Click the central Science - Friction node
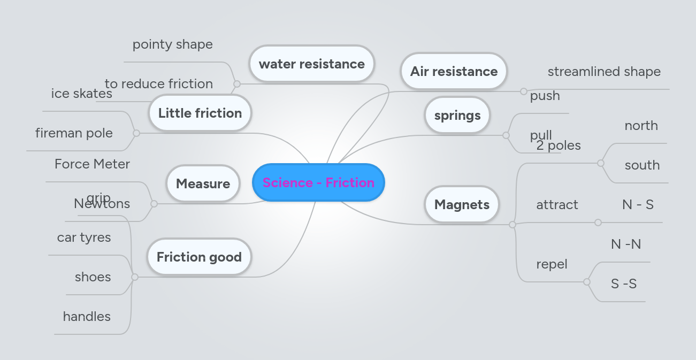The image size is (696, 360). point(318,182)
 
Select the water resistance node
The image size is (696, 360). point(311,64)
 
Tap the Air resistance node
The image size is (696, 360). point(454,72)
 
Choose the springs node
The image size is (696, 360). point(457,116)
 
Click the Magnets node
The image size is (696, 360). point(462,204)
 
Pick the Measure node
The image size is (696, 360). point(203,184)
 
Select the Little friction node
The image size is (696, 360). point(200,113)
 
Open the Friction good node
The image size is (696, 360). point(199,257)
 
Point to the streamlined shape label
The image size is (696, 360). point(604,72)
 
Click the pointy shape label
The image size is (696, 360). point(172,44)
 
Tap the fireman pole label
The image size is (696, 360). point(74,133)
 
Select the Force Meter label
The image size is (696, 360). point(92,164)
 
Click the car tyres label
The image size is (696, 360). point(84,238)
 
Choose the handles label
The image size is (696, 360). point(87,317)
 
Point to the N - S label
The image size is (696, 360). point(638,204)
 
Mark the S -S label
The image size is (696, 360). point(624,284)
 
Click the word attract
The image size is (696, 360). point(557,205)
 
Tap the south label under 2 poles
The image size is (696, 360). point(642,165)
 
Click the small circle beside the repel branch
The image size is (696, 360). point(587,282)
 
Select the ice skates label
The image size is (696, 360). point(81,94)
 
